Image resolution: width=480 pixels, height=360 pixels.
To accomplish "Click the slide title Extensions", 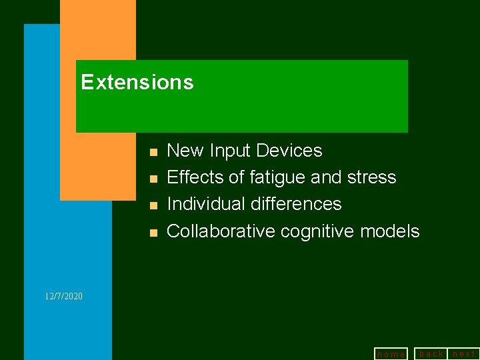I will pyautogui.click(x=137, y=83).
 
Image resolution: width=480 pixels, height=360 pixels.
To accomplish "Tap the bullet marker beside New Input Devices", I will pyautogui.click(x=153, y=153).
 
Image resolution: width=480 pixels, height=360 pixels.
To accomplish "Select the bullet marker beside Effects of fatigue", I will pyautogui.click(x=153, y=179).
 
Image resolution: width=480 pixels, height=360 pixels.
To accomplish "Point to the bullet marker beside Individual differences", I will pyautogui.click(x=153, y=206).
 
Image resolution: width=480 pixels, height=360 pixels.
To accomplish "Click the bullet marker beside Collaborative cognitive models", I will pyautogui.click(x=153, y=233).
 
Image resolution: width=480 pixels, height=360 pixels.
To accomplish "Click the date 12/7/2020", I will pyautogui.click(x=64, y=295).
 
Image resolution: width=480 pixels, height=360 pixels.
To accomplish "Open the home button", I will pyautogui.click(x=391, y=354).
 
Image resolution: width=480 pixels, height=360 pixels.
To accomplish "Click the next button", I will pyautogui.click(x=464, y=353).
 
